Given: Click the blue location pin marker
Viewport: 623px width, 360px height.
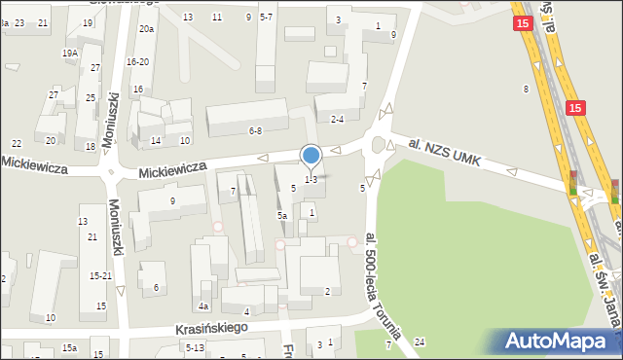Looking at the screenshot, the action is pos(311,156).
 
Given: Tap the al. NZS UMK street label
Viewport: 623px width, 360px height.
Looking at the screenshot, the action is pos(444,151).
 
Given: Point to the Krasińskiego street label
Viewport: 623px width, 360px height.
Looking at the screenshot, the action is pos(212,329).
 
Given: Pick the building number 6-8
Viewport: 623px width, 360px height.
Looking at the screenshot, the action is pos(255,130).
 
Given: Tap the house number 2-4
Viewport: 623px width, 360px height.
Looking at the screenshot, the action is pos(338,120).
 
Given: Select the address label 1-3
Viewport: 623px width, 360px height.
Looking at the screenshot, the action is pos(311,179).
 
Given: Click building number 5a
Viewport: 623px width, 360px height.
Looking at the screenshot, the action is pos(281,215).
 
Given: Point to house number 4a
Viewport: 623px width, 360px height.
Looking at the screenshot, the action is pos(204,306).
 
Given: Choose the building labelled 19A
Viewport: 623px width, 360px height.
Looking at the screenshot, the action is pos(70,54).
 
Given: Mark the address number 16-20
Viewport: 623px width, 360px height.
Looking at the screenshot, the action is pos(137,61).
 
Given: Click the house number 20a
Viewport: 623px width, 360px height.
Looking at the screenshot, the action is pos(146,30).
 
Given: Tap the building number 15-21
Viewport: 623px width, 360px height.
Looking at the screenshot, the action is pos(100,276).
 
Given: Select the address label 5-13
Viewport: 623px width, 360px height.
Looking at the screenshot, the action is pos(195,347).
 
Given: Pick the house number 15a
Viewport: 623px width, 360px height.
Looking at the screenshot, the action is pos(69,347).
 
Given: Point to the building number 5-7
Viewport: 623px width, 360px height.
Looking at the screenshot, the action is pos(267,18).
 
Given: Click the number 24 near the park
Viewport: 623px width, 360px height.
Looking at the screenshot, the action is pos(420,342).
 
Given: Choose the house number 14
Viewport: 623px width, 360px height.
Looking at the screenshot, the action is pos(155,141).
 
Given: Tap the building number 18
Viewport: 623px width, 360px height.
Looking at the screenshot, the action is pos(91,147).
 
